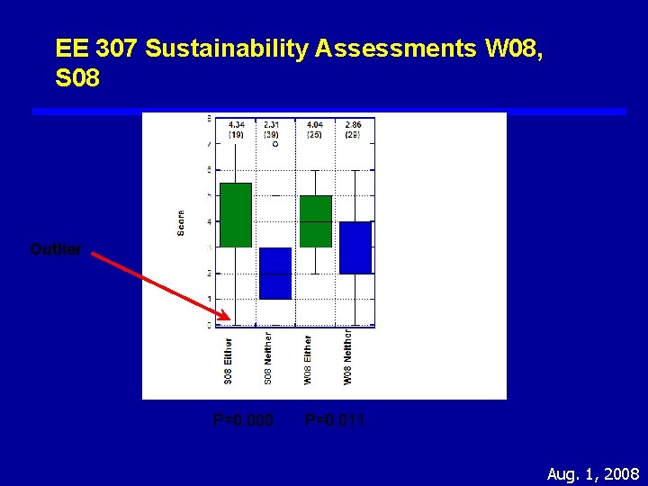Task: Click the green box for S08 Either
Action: (x=236, y=214)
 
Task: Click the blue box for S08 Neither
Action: (x=275, y=273)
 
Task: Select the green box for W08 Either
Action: (x=315, y=220)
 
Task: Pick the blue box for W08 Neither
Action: (x=355, y=247)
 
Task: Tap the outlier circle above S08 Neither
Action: (x=275, y=144)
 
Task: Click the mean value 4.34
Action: (x=236, y=124)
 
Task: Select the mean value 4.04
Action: (x=314, y=124)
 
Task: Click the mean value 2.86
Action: (x=354, y=124)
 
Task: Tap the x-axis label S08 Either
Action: (x=229, y=361)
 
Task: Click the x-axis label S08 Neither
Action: (x=268, y=358)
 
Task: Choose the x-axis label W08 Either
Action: (x=308, y=360)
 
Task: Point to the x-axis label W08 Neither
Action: (x=348, y=357)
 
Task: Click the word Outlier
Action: (x=56, y=249)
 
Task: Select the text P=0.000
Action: (x=243, y=419)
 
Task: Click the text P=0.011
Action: (x=336, y=419)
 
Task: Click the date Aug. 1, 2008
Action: (x=593, y=473)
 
